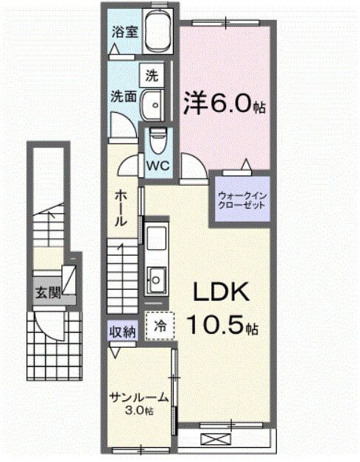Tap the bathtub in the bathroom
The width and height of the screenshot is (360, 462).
pyautogui.click(x=155, y=33)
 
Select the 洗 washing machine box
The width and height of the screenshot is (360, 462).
pyautogui.click(x=151, y=74)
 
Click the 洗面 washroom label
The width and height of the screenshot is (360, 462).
pyautogui.click(x=122, y=96)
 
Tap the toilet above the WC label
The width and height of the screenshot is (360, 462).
pyautogui.click(x=156, y=138)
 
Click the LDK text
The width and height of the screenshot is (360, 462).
pyautogui.click(x=221, y=293)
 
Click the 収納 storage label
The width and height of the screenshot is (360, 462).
pyautogui.click(x=123, y=332)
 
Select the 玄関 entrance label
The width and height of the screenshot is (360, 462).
pyautogui.click(x=46, y=293)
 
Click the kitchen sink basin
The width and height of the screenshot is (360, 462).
pyautogui.click(x=156, y=278)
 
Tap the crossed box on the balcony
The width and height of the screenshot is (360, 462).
pyautogui.click(x=215, y=439)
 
